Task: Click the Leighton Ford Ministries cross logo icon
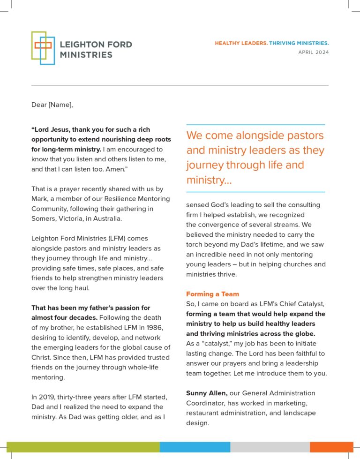point(43,48)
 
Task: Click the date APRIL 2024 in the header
point(314,53)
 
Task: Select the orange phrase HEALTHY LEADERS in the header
point(241,43)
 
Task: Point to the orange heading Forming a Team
point(212,294)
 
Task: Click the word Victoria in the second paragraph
point(70,218)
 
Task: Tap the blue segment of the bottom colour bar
point(195,447)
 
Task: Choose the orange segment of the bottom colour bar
point(331,447)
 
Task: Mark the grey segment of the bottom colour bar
point(270,447)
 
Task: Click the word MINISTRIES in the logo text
point(86,55)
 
